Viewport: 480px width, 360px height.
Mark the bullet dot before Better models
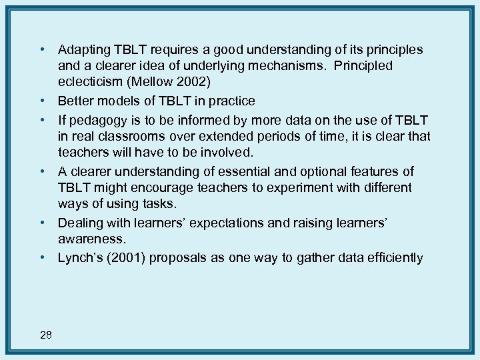(41, 101)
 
